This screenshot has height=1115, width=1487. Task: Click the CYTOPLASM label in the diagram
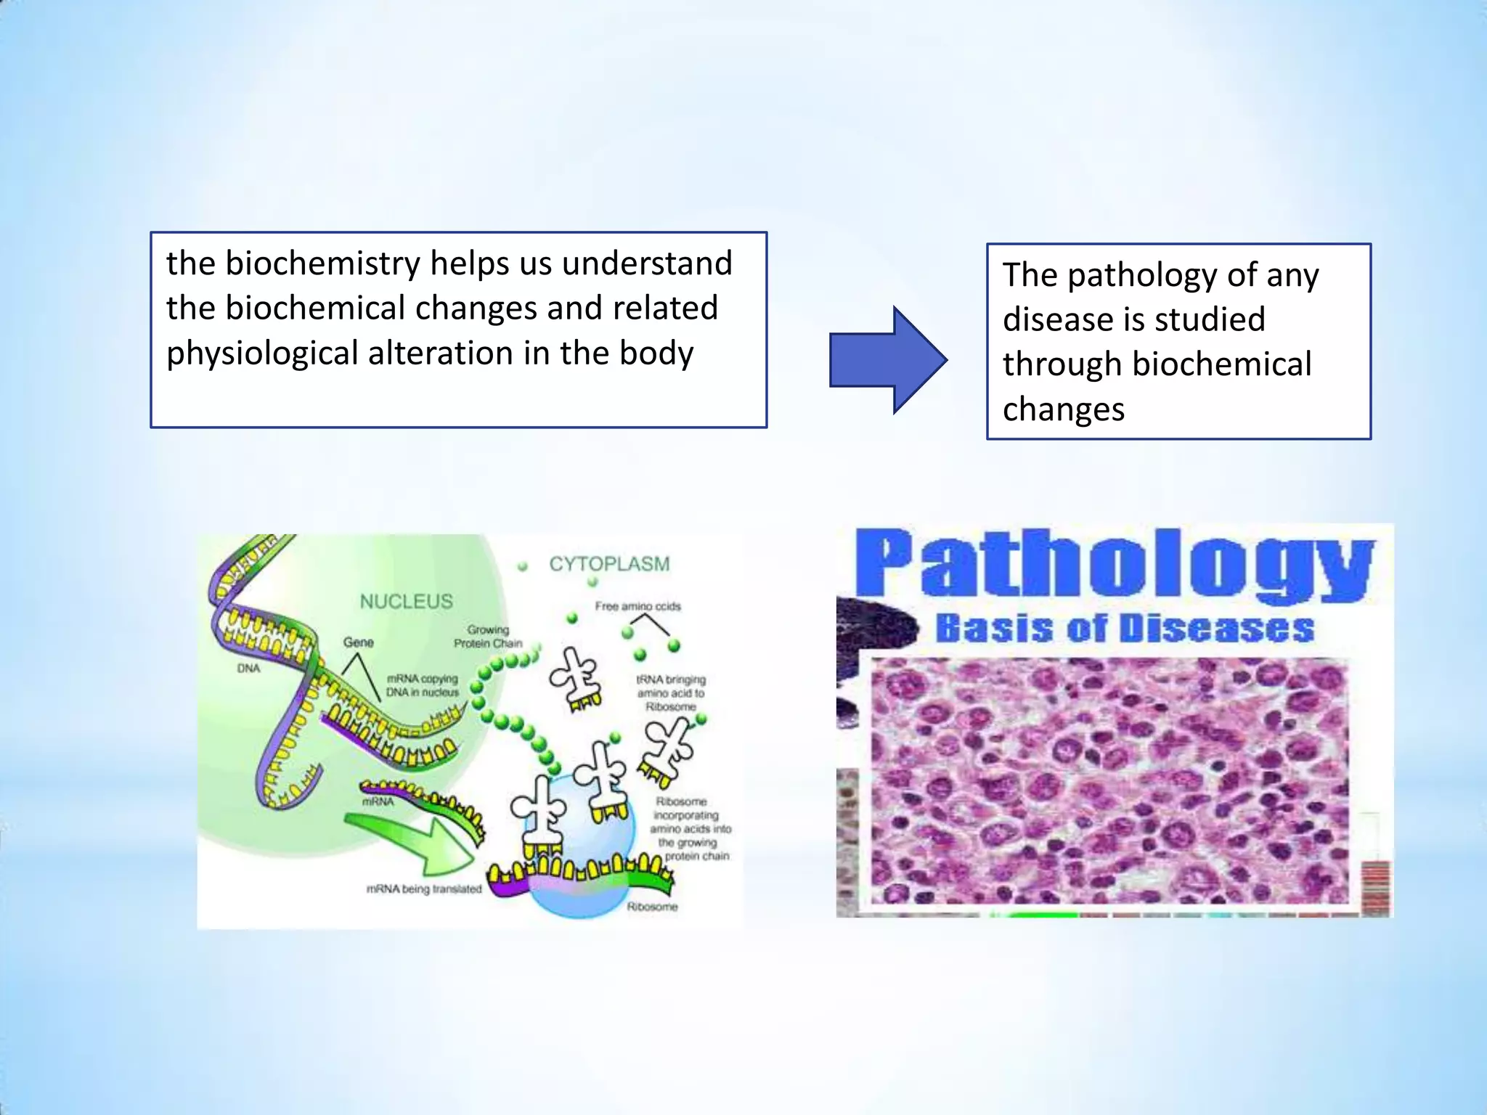[x=608, y=564]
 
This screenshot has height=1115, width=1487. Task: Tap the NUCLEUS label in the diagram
[x=406, y=601]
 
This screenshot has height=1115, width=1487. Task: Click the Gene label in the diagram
[x=358, y=642]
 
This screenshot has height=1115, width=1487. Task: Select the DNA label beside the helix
[x=248, y=668]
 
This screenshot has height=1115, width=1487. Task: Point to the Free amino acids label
[x=637, y=606]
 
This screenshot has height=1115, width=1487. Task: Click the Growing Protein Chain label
[x=488, y=637]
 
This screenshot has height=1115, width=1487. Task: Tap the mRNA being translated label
[x=424, y=889]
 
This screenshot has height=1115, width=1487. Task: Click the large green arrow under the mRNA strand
[x=414, y=842]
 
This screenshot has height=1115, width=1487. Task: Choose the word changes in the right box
[x=1063, y=409]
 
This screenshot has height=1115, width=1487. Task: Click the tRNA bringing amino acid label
[x=670, y=693]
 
